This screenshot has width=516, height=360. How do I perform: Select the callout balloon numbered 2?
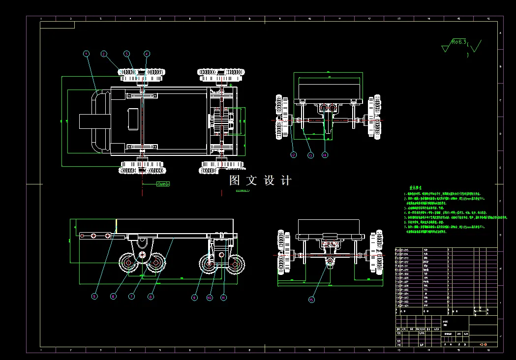click(x=104, y=54)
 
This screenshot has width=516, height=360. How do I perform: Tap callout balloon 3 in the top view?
click(x=126, y=54)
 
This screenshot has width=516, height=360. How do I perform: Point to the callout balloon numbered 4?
click(x=147, y=54)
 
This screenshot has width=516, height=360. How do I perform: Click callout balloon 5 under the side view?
click(x=95, y=296)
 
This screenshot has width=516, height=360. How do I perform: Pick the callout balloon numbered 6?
click(x=113, y=296)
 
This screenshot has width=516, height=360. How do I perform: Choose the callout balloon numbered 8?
click(x=151, y=297)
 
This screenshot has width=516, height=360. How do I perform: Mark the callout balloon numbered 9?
click(x=194, y=298)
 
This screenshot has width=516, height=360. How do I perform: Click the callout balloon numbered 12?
click(x=294, y=155)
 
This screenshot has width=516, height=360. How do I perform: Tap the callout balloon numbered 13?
click(x=310, y=155)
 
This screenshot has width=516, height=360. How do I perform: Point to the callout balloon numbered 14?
click(x=325, y=155)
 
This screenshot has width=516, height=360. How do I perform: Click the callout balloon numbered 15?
click(x=311, y=299)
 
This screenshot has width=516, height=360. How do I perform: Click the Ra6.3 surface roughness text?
click(x=458, y=43)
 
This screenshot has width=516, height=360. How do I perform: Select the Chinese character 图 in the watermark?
click(x=235, y=180)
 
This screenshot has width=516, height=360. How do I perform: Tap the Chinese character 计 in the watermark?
click(x=286, y=180)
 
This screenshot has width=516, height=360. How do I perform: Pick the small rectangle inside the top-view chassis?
click(x=133, y=119)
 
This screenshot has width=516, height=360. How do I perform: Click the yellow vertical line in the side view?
click(x=116, y=226)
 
